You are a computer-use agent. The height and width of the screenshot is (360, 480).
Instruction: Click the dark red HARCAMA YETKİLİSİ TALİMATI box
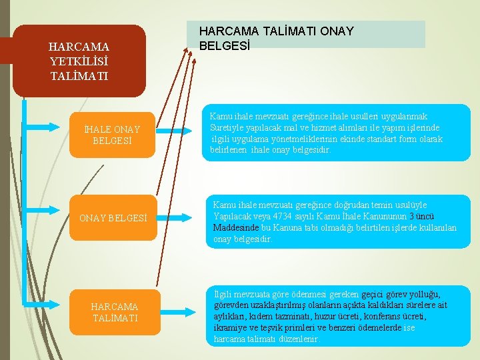pos(79,61)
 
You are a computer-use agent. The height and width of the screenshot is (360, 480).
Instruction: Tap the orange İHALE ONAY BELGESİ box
pos(112,135)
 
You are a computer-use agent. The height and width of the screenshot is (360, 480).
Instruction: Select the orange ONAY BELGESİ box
pos(112,217)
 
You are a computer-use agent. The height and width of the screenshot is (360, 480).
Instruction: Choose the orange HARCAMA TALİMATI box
pos(115,312)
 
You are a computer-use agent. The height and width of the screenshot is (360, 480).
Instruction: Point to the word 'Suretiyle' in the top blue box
pos(228,128)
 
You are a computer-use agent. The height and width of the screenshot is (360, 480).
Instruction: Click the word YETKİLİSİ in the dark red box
pos(79,61)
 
